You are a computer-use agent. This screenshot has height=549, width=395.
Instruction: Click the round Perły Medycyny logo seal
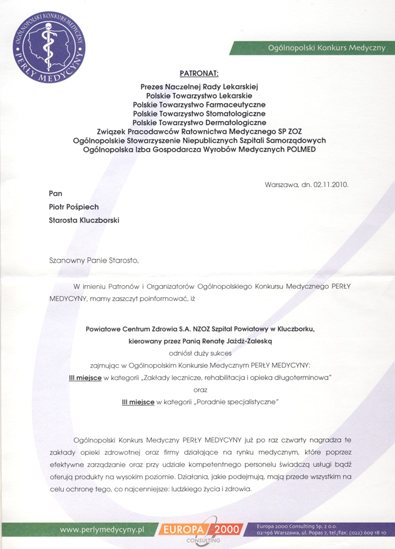pyautogui.click(x=49, y=48)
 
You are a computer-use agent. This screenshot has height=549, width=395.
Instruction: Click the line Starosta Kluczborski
pyautogui.click(x=84, y=220)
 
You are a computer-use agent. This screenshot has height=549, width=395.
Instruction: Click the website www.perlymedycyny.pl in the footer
pyautogui.click(x=101, y=530)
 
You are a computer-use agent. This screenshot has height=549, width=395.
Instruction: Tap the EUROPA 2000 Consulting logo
pyautogui.click(x=201, y=530)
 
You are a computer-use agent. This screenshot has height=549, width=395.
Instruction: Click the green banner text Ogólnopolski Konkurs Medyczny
pyautogui.click(x=326, y=48)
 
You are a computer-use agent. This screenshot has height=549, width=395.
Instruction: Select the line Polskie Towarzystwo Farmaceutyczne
pyautogui.click(x=199, y=105)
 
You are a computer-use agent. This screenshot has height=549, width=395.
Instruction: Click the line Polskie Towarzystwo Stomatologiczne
pyautogui.click(x=199, y=113)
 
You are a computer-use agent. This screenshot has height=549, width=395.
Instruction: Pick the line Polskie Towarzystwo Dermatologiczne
pyautogui.click(x=199, y=122)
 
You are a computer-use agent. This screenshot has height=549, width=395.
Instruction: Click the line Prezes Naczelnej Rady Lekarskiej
pyautogui.click(x=199, y=87)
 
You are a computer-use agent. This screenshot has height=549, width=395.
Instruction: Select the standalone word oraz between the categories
pyautogui.click(x=200, y=390)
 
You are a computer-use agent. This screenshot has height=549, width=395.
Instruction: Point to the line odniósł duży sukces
pyautogui.click(x=199, y=353)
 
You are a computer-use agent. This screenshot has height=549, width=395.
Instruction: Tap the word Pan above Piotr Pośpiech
pyautogui.click(x=56, y=193)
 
